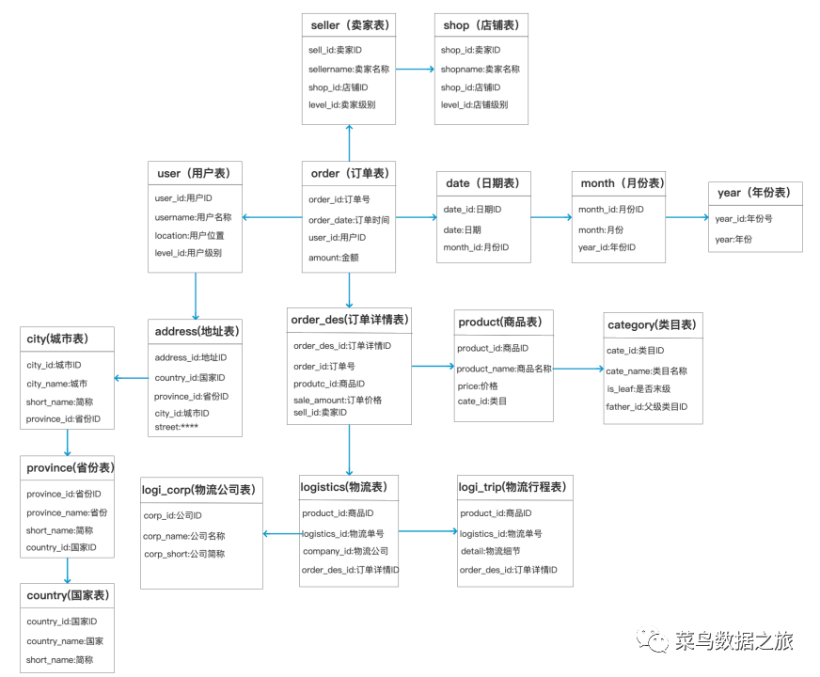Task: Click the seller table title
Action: click(348, 24)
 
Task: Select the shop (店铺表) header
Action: click(480, 24)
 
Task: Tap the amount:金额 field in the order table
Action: click(333, 257)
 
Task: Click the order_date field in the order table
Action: click(349, 219)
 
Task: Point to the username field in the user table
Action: click(193, 217)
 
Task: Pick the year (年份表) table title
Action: click(754, 193)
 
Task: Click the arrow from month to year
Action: click(686, 217)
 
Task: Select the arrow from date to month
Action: click(551, 217)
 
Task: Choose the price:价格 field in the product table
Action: click(478, 386)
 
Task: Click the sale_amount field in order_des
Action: click(338, 400)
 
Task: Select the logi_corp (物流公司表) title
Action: click(201, 489)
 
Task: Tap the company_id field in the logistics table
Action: click(345, 551)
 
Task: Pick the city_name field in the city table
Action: click(56, 384)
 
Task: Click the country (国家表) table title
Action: click(68, 594)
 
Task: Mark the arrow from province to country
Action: click(68, 571)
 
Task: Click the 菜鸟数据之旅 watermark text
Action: click(734, 641)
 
